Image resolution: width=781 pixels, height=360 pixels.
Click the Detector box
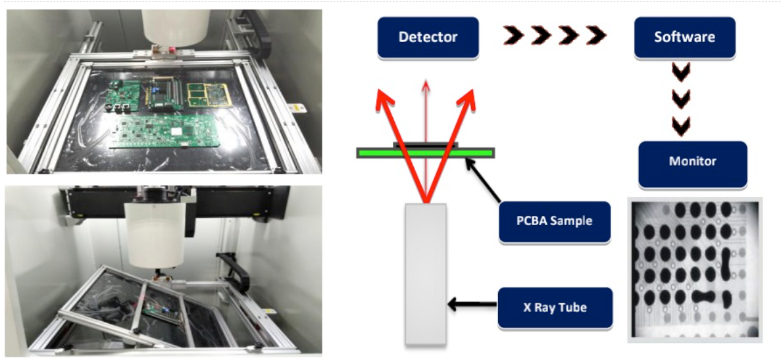coord(427,36)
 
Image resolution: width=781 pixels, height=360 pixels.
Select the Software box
coord(683,36)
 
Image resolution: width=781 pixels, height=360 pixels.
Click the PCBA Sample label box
coord(554,221)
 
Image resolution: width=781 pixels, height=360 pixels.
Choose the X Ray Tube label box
coord(555,307)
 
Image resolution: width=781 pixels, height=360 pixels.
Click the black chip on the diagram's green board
coord(425,143)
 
